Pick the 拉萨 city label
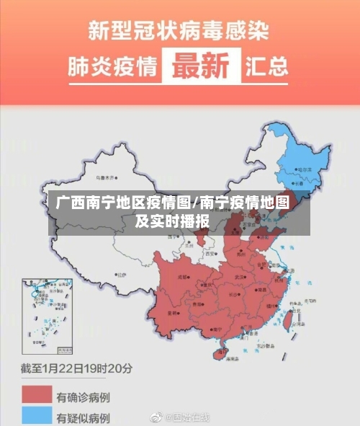pos(120,275)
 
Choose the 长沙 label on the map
pos(233,295)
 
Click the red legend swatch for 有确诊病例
pos(37,395)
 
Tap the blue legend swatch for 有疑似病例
pos(37,416)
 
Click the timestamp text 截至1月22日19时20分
pos(76,369)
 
